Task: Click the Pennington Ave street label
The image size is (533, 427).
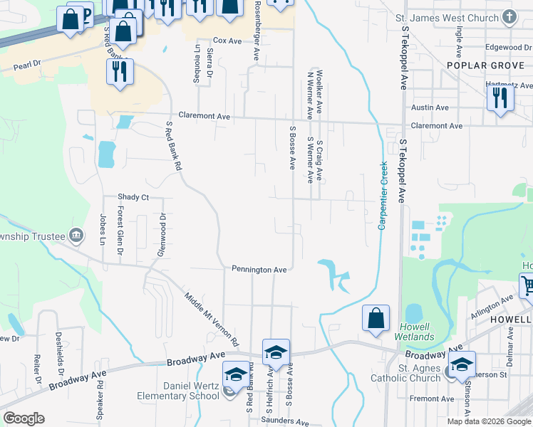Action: click(x=259, y=270)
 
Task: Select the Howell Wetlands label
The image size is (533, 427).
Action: click(x=414, y=332)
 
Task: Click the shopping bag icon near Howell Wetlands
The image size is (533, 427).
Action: click(x=376, y=318)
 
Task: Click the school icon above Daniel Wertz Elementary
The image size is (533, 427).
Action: click(x=237, y=374)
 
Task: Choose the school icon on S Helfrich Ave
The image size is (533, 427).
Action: click(x=276, y=351)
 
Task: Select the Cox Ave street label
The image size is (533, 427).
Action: click(x=228, y=41)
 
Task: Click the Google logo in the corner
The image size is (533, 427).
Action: click(x=24, y=418)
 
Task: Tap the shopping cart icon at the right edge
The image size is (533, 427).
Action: click(x=527, y=285)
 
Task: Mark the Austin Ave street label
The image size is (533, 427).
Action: click(x=430, y=107)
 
